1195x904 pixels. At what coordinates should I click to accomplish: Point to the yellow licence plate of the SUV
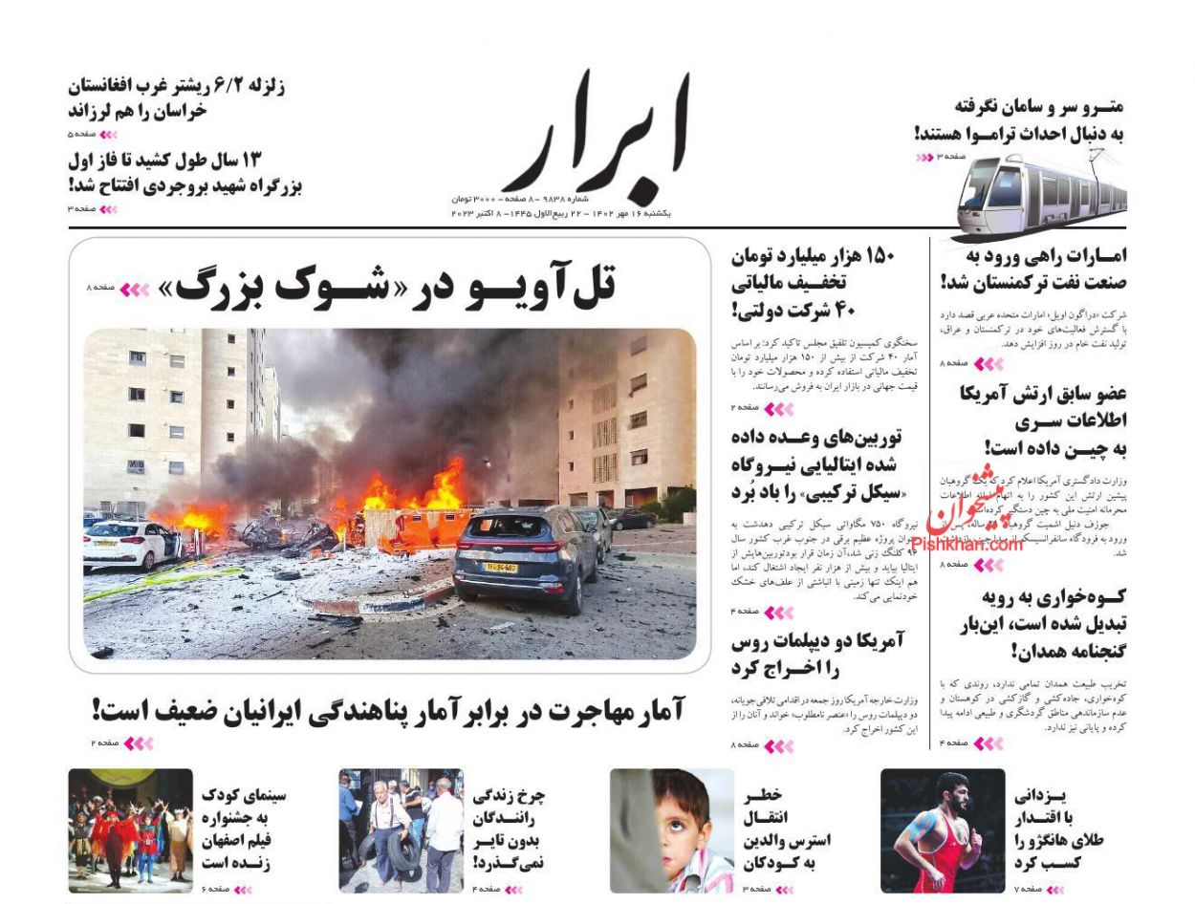498,568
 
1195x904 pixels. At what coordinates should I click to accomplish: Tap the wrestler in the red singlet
942,830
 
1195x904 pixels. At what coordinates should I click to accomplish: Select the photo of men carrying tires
401,830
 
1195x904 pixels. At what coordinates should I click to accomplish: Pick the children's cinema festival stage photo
130,830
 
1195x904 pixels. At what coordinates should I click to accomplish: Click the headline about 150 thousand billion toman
813,283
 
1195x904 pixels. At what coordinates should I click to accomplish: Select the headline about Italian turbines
817,464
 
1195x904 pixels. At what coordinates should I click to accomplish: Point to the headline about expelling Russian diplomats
817,654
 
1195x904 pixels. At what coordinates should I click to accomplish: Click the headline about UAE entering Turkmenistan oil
1032,269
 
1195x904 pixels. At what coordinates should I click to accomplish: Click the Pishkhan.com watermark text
967,545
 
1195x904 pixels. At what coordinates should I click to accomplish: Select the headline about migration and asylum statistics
388,710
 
